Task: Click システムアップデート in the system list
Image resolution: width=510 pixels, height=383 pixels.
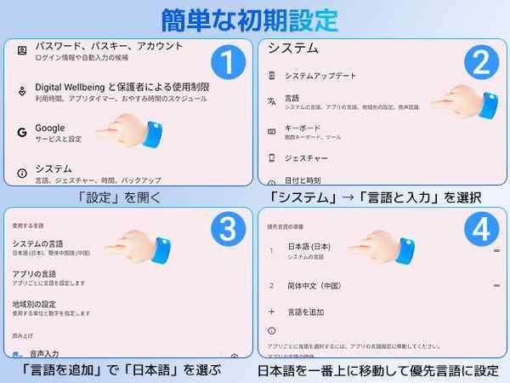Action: [321, 75]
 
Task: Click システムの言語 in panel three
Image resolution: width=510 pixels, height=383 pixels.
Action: [38, 244]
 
